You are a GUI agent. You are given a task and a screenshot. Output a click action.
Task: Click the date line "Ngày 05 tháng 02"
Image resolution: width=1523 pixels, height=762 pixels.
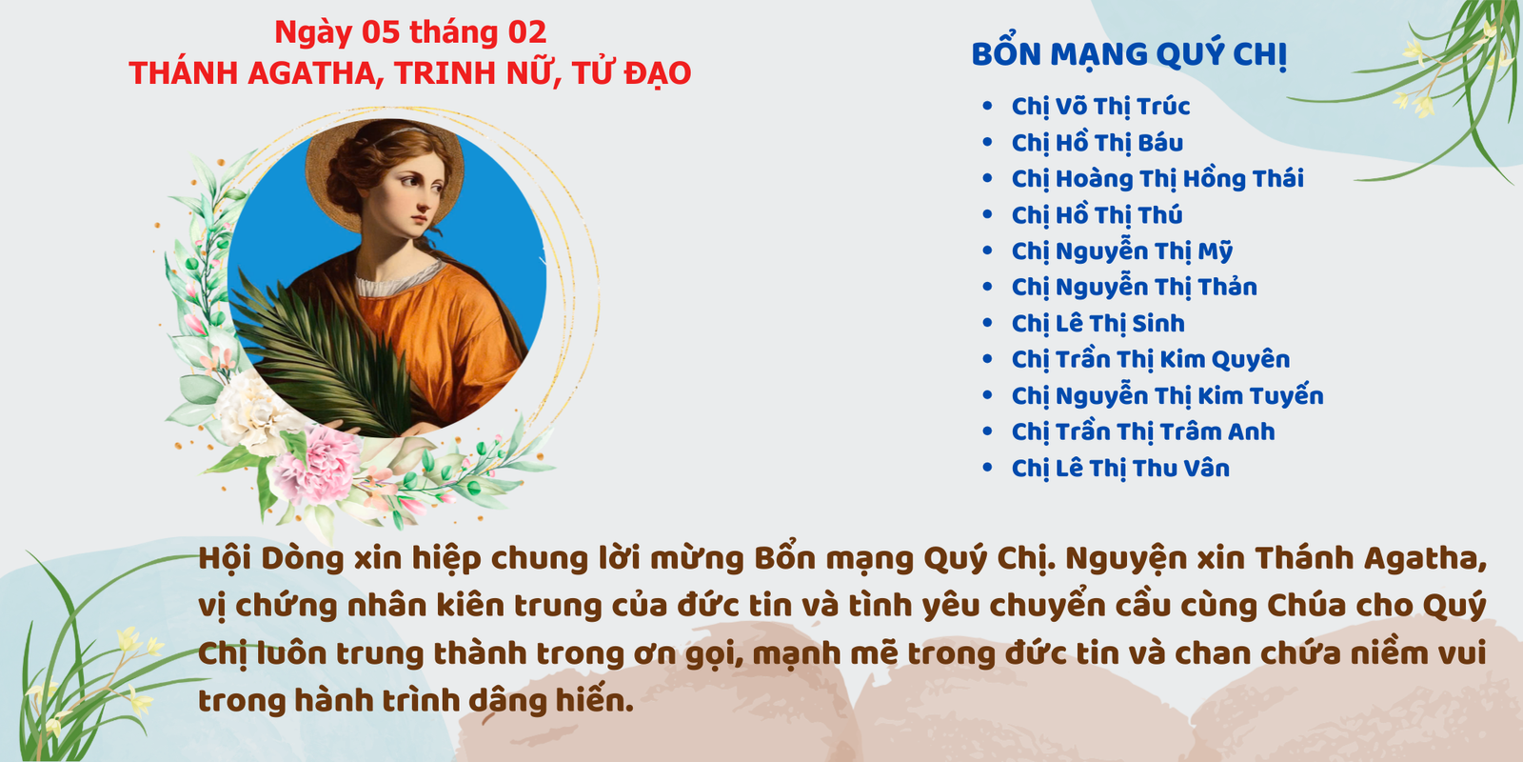pyautogui.click(x=410, y=32)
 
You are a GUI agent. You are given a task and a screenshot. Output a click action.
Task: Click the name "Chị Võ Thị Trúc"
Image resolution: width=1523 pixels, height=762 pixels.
pyautogui.click(x=1100, y=107)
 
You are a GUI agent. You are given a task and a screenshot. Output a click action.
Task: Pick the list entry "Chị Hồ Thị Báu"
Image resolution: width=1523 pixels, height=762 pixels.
pyautogui.click(x=1098, y=143)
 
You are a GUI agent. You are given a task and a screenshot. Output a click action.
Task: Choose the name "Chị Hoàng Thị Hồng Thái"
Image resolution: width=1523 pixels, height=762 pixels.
pyautogui.click(x=1157, y=179)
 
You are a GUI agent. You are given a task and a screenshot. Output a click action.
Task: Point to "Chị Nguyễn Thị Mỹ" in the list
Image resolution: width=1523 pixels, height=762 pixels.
pyautogui.click(x=1122, y=251)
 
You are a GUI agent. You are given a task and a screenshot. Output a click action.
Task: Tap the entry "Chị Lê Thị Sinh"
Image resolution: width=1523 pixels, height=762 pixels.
pyautogui.click(x=1098, y=323)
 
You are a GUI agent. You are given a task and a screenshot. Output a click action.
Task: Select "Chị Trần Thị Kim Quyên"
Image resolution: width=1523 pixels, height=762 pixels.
pyautogui.click(x=1151, y=359)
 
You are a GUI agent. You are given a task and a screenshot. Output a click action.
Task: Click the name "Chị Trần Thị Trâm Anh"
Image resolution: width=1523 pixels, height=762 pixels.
pyautogui.click(x=1143, y=431)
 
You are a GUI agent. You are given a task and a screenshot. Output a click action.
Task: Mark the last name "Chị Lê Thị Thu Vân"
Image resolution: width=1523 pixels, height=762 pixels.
pyautogui.click(x=1120, y=468)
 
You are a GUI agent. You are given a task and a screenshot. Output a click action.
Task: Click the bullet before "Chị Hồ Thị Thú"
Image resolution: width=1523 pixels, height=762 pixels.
pyautogui.click(x=988, y=214)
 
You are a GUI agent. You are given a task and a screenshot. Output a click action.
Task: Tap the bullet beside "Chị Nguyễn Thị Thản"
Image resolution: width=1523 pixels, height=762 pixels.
pyautogui.click(x=988, y=287)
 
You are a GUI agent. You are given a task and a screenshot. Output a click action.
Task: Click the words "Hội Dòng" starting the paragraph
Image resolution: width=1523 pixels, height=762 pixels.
pyautogui.click(x=271, y=559)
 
